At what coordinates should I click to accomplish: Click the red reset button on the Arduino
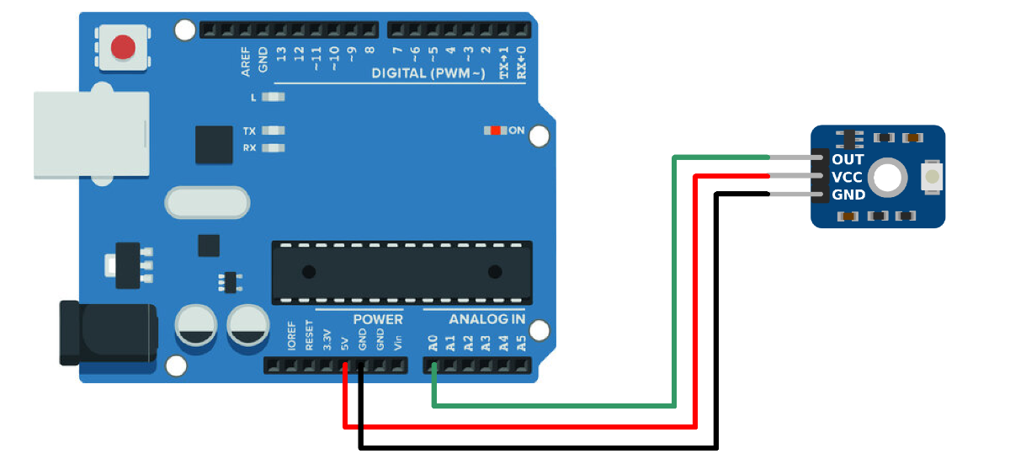click(x=123, y=47)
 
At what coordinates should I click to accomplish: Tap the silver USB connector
click(x=91, y=134)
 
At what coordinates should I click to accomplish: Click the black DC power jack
click(x=109, y=333)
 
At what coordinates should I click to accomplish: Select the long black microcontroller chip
click(x=401, y=273)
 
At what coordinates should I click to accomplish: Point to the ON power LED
click(x=495, y=131)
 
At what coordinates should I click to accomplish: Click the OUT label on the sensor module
click(x=848, y=159)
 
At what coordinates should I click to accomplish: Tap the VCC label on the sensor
click(x=847, y=178)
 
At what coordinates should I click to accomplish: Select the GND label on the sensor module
click(x=848, y=195)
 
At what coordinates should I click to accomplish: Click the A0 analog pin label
click(x=433, y=343)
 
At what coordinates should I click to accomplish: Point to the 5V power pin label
click(x=345, y=344)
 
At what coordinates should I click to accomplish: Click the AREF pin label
click(x=245, y=61)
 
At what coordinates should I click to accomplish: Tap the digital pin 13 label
click(x=281, y=54)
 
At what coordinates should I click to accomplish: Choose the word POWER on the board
click(x=378, y=319)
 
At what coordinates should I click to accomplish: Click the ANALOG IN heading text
click(x=487, y=319)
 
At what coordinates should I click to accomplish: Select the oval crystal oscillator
click(x=207, y=203)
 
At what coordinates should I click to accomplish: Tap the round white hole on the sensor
click(x=887, y=178)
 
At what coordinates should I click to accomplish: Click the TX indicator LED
click(x=274, y=131)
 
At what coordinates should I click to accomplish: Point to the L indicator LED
click(x=274, y=97)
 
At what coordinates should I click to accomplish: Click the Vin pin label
click(x=397, y=343)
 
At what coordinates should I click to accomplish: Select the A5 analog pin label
click(x=521, y=343)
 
